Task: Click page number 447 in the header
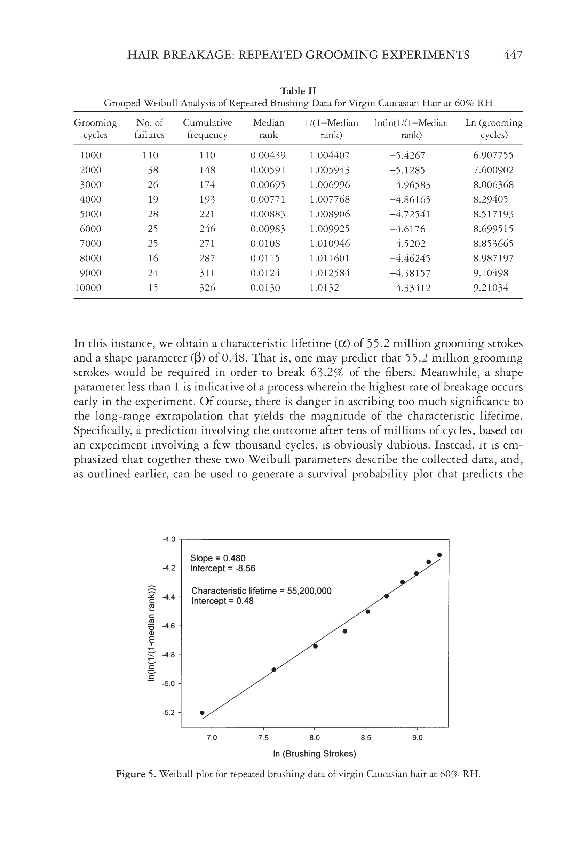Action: click(x=512, y=55)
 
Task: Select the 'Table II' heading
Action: click(x=298, y=90)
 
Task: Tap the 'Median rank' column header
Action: click(x=268, y=128)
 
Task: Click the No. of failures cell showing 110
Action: click(x=150, y=155)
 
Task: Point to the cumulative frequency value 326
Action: click(x=207, y=287)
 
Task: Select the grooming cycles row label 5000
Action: click(x=90, y=214)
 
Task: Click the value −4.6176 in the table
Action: click(x=407, y=229)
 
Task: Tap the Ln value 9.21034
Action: click(x=491, y=287)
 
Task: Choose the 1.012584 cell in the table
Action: click(x=330, y=273)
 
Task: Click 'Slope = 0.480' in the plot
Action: click(x=218, y=558)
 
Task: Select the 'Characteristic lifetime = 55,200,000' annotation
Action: click(x=261, y=591)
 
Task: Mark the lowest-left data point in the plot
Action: click(x=202, y=713)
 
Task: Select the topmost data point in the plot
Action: click(x=439, y=555)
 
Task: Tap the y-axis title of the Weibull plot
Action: click(x=151, y=633)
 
